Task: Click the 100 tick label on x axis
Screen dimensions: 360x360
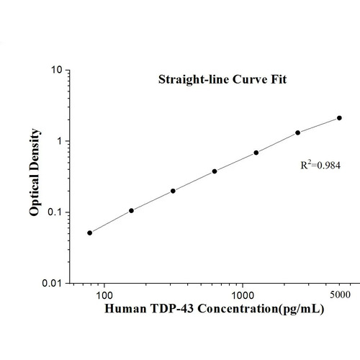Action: click(x=104, y=295)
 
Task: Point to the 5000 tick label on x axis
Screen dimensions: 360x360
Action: click(x=339, y=295)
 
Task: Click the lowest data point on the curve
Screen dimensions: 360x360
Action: click(x=89, y=233)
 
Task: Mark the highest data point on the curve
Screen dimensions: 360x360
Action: click(x=339, y=117)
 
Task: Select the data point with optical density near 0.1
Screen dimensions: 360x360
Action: click(x=131, y=211)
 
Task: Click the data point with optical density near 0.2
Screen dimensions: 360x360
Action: click(x=173, y=191)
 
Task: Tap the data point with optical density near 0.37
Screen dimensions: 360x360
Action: click(x=215, y=171)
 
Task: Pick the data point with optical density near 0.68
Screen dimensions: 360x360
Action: click(x=256, y=153)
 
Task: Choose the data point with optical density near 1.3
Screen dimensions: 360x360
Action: click(x=298, y=132)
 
